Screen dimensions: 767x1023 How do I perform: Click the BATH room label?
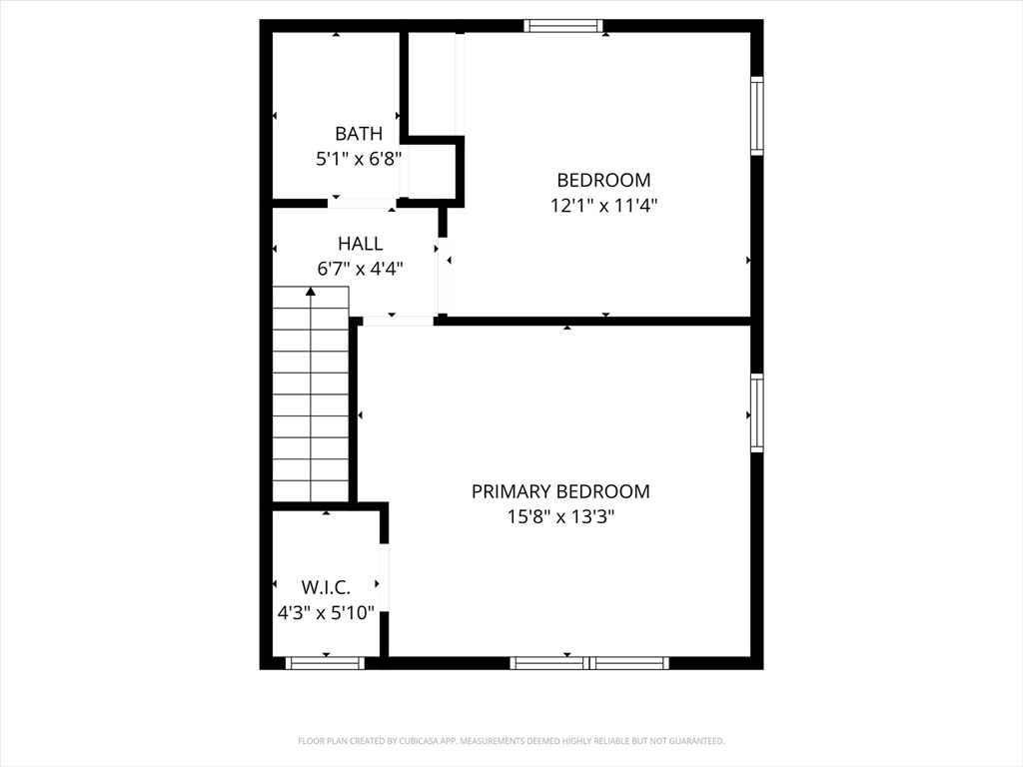358,133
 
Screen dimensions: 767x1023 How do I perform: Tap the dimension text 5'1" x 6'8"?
358,158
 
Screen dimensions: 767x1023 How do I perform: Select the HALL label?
360,243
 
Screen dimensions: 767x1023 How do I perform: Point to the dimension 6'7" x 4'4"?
360,269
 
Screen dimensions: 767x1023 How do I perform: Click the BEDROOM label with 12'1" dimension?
603,180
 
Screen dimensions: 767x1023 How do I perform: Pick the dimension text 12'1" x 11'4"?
603,206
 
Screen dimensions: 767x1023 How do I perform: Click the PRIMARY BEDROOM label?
560,491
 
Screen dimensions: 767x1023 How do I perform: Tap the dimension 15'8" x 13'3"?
560,517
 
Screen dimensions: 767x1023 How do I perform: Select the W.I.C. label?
326,587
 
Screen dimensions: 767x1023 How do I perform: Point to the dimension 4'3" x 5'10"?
326,613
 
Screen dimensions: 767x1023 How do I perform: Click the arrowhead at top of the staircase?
311,292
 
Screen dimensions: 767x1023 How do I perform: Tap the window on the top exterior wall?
564,26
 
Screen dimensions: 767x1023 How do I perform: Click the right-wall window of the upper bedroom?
756,116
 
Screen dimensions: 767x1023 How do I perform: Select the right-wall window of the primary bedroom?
756,412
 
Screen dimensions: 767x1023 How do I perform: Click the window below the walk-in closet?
325,663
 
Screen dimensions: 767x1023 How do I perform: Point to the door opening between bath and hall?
363,203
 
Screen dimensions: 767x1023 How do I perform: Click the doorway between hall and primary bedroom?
398,321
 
